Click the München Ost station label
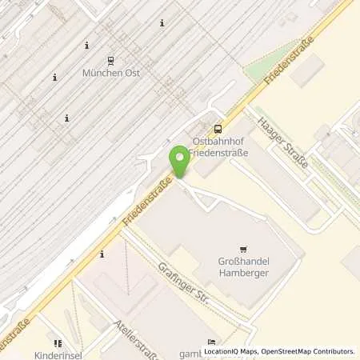click(x=110, y=73)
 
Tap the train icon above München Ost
click(x=110, y=59)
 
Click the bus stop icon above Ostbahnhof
click(x=218, y=128)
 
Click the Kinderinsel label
click(x=58, y=353)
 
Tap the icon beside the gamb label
click(x=211, y=340)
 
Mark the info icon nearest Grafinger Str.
click(x=102, y=255)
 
